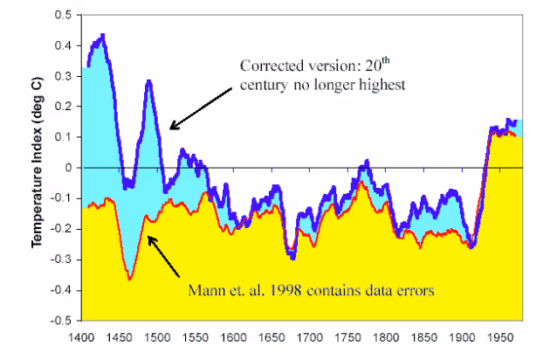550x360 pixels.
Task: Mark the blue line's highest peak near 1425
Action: [x=103, y=36]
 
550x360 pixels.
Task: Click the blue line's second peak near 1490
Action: [x=149, y=81]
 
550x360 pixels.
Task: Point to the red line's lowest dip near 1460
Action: [x=129, y=278]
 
